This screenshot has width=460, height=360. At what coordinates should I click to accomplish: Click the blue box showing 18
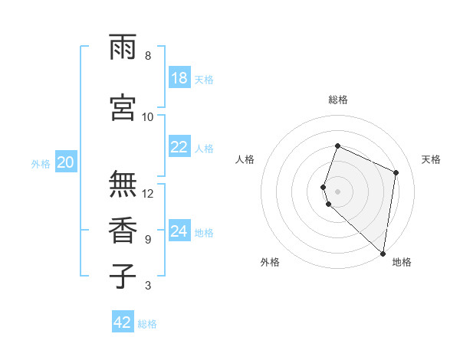point(179,78)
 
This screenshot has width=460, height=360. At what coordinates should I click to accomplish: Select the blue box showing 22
point(179,147)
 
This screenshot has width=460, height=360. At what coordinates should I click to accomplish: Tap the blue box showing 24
point(179,231)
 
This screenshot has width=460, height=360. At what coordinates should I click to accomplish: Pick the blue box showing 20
point(66,162)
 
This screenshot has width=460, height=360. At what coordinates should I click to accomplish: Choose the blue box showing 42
point(123,322)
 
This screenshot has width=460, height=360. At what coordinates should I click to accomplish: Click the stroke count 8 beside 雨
point(148,55)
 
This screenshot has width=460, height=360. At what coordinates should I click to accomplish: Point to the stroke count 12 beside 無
point(148,193)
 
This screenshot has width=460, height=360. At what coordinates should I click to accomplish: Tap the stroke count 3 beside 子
point(148,286)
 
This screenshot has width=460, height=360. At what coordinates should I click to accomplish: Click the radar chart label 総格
point(338,100)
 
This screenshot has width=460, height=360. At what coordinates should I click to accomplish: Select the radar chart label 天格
point(432,159)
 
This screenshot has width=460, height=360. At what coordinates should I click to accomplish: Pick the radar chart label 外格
point(270,262)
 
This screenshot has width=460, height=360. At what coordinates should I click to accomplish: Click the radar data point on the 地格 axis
point(383,254)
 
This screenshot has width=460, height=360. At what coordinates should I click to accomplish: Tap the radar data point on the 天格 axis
point(396,172)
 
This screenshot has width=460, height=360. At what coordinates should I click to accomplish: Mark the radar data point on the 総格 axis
point(337,146)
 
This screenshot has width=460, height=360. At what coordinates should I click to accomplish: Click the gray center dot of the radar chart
point(337,191)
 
